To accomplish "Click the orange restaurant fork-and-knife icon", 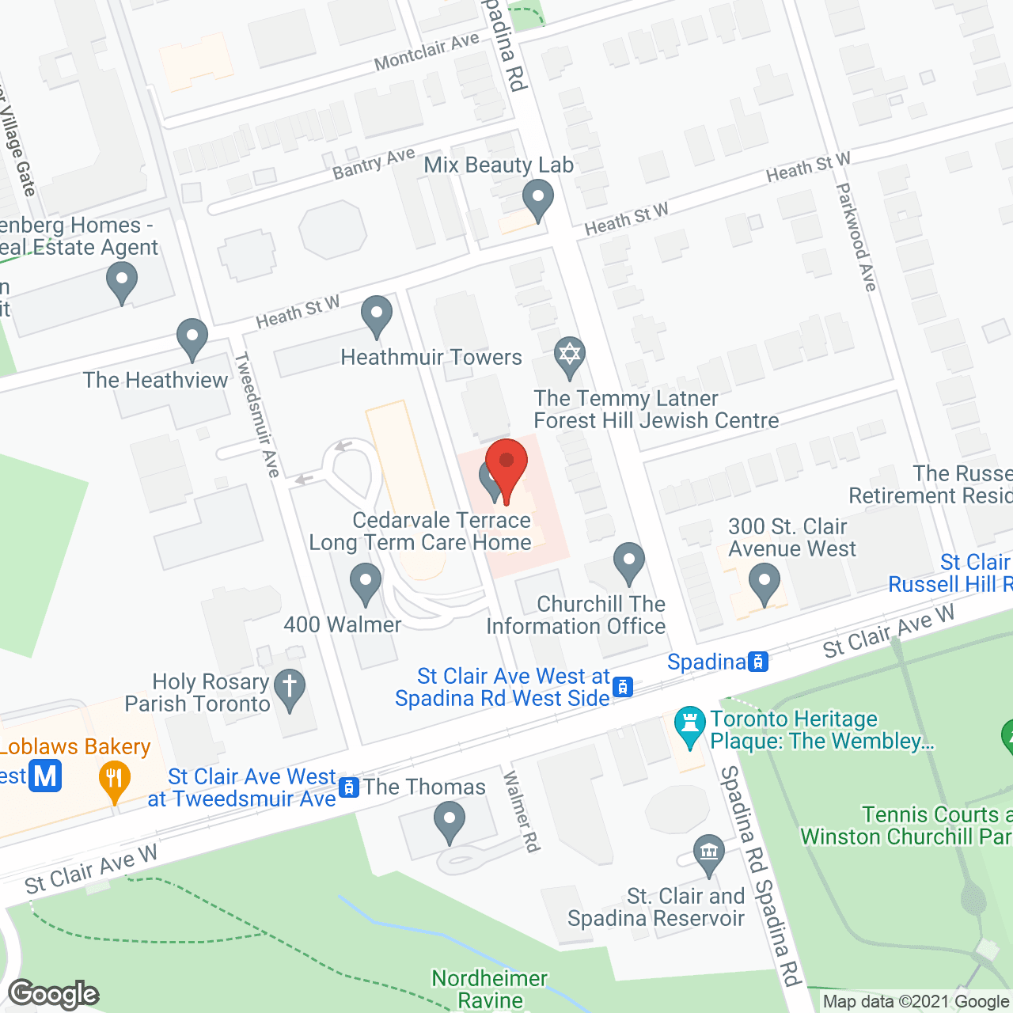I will click(x=115, y=780).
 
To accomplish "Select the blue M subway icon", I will click(x=45, y=776).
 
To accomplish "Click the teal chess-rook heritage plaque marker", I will click(x=689, y=724).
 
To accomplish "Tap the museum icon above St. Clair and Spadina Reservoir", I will click(x=708, y=853).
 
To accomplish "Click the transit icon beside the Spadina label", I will click(x=758, y=662).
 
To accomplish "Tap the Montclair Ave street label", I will click(x=427, y=51).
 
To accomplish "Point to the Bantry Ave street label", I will click(x=374, y=164).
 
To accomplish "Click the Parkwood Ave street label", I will click(x=857, y=237).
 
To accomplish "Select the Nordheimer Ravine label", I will click(x=489, y=989).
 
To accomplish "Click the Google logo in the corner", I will click(x=54, y=994).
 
